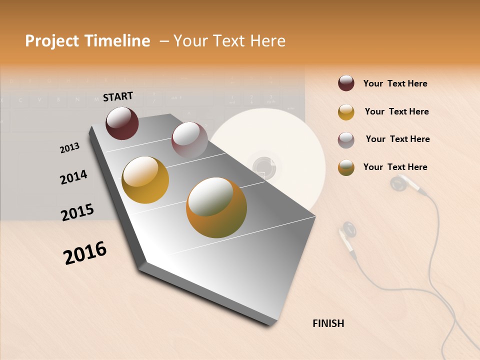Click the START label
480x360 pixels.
(118, 96)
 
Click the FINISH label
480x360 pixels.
(328, 323)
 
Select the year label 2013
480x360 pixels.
(69, 147)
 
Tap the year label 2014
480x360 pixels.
(73, 177)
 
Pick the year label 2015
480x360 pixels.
(77, 212)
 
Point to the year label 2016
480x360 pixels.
(85, 253)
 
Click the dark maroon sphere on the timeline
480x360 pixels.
(122, 123)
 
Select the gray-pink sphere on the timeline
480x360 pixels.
(189, 140)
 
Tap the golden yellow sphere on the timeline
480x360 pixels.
(145, 180)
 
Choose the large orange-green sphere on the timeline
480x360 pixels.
(216, 207)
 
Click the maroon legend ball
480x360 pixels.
(346, 83)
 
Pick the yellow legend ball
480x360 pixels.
(346, 112)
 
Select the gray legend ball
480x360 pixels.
(346, 140)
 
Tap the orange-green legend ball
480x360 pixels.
(346, 167)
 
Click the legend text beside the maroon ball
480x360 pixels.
(395, 83)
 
